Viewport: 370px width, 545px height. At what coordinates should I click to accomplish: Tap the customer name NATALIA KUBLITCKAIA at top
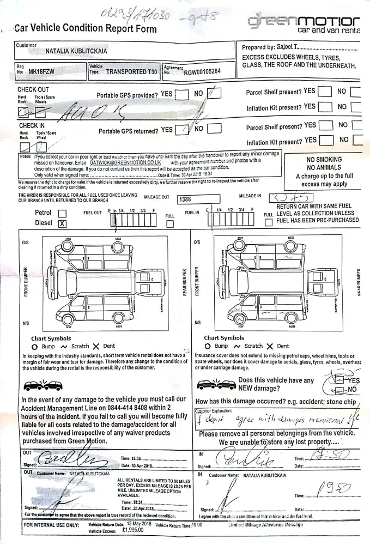[83, 51]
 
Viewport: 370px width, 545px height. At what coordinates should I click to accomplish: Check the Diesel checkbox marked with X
[62, 223]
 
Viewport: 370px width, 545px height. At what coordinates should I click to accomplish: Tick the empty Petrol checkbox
[62, 213]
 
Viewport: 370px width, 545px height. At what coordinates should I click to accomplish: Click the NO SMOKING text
[325, 159]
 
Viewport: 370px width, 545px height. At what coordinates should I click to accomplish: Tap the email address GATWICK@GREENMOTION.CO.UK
[125, 162]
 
